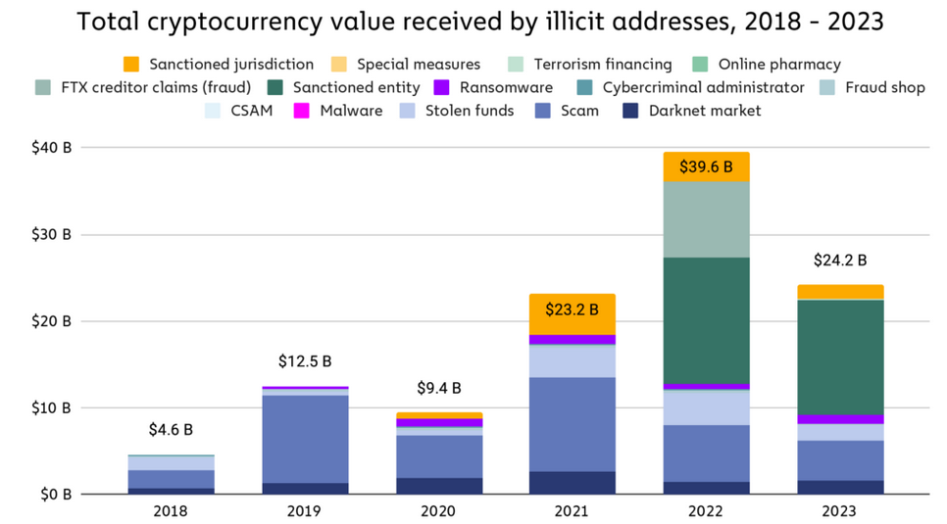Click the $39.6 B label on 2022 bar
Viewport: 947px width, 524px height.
click(x=706, y=167)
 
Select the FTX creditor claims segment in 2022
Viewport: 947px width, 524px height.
click(x=706, y=219)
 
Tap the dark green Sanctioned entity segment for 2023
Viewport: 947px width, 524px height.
click(x=840, y=357)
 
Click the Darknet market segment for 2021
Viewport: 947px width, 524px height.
click(x=573, y=483)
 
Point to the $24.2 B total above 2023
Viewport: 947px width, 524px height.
click(x=840, y=261)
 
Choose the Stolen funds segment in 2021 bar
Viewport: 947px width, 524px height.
click(x=573, y=361)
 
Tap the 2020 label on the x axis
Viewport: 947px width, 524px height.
click(x=438, y=511)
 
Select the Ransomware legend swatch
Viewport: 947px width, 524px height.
click(x=442, y=88)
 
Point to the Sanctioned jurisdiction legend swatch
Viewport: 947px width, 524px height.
click(x=131, y=65)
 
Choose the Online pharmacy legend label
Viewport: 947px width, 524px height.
click(x=778, y=65)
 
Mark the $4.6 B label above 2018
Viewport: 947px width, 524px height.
click(x=171, y=429)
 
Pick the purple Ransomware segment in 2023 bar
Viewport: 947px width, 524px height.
click(x=840, y=419)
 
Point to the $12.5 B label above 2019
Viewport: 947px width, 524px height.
click(x=304, y=361)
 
